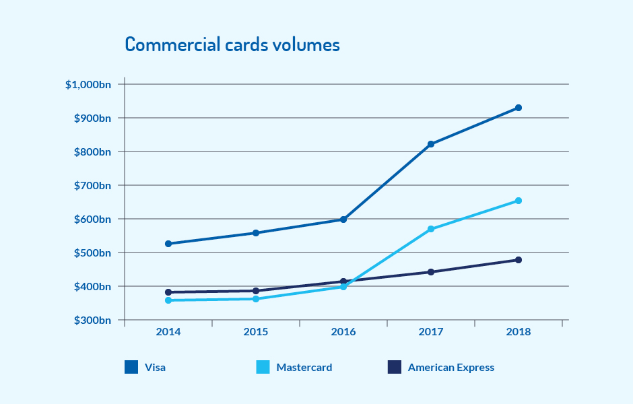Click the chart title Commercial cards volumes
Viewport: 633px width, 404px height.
pos(232,45)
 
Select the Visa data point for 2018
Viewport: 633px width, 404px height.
pos(519,108)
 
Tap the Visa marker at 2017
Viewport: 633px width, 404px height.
pos(431,144)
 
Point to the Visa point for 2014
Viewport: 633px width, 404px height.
pos(168,244)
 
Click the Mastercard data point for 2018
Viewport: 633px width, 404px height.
pos(519,201)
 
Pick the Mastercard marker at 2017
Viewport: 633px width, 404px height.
pos(431,230)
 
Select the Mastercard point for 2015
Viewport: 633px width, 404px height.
pos(256,299)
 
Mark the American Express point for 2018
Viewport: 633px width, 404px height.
pos(519,260)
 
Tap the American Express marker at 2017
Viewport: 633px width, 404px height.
pos(431,272)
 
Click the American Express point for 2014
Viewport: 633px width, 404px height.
pos(168,292)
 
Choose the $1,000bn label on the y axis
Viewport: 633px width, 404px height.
pos(88,85)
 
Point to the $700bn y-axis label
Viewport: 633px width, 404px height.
pos(92,186)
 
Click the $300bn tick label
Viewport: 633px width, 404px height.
pos(92,321)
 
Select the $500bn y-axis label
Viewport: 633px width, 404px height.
pos(92,253)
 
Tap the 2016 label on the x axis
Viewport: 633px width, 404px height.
pos(343,332)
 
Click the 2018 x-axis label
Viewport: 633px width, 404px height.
pos(519,332)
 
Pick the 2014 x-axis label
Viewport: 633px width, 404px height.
pos(168,332)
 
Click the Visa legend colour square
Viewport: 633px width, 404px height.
pos(131,367)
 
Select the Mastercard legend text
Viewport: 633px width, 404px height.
pos(304,368)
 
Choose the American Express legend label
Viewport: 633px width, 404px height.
pos(451,368)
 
